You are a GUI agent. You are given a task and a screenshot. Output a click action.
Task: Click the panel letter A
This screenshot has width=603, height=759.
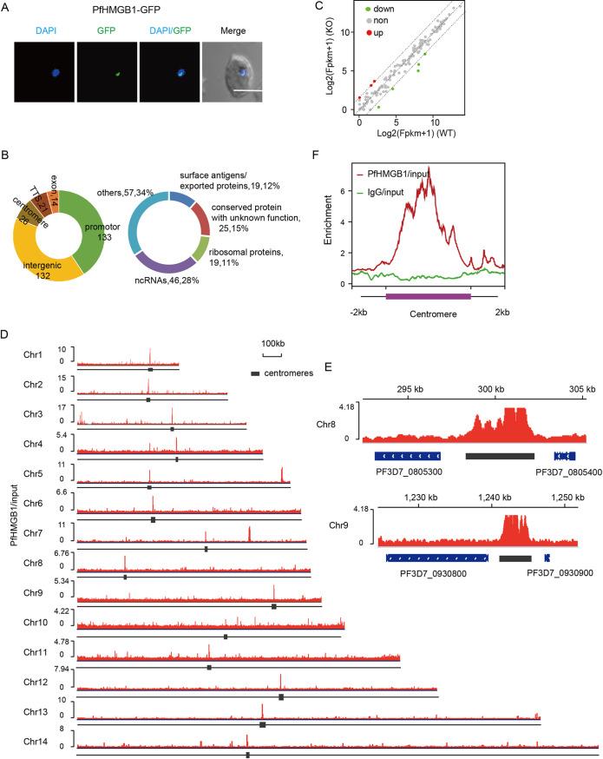click(7, 8)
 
